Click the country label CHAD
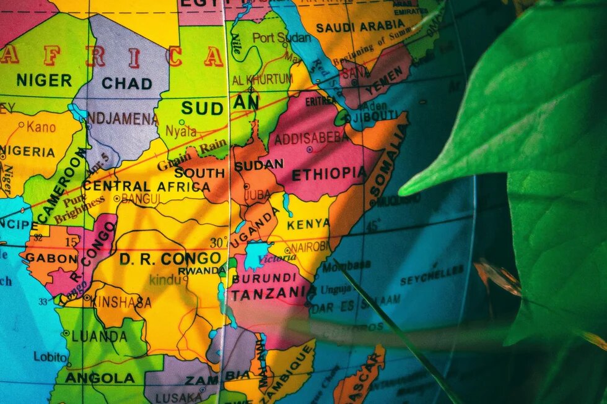[x=127, y=83]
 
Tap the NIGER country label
[x=44, y=80]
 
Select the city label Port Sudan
[x=282, y=38]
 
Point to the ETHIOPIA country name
[x=329, y=174]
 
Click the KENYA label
[x=308, y=223]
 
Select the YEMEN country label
[x=387, y=80]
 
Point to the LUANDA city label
[x=99, y=337]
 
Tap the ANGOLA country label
[x=100, y=377]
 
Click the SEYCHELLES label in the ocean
[x=432, y=275]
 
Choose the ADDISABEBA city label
[x=312, y=139]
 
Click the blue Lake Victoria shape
[x=256, y=256]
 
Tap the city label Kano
[x=41, y=127]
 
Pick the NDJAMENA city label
[x=123, y=118]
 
